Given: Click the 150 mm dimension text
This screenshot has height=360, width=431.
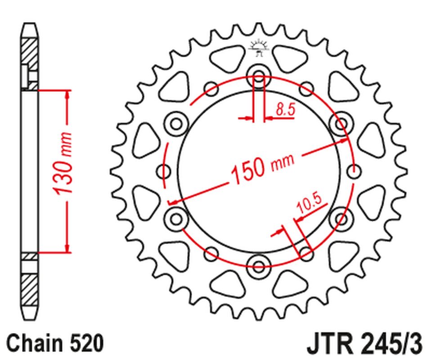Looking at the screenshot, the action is pyautogui.click(x=262, y=168).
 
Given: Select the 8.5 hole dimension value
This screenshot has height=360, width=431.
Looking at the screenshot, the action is pyautogui.click(x=286, y=109).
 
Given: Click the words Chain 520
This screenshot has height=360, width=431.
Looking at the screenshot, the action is pyautogui.click(x=55, y=343).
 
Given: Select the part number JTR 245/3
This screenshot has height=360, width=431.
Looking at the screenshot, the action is pyautogui.click(x=365, y=344).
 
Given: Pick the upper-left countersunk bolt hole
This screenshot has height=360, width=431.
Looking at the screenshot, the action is pyautogui.click(x=176, y=123).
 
